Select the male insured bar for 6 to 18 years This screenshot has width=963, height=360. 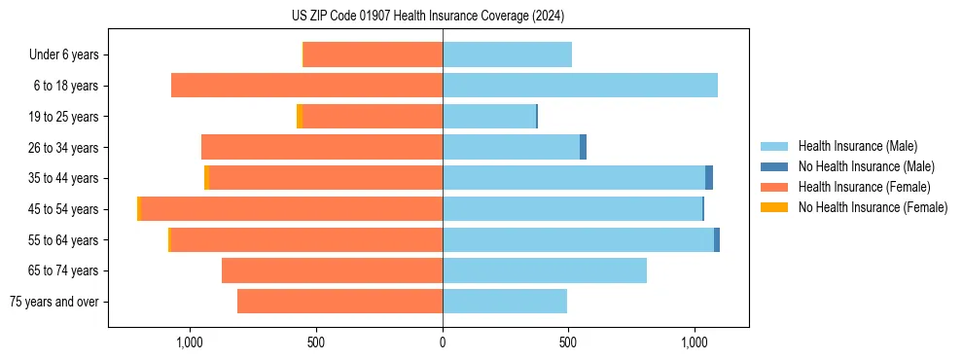(x=580, y=86)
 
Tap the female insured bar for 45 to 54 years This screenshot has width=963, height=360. (x=292, y=209)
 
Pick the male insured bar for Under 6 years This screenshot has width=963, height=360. (x=507, y=54)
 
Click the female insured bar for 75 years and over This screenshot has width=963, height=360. (x=339, y=302)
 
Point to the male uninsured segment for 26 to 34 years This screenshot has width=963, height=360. (x=583, y=147)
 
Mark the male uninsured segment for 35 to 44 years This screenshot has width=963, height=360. (x=709, y=178)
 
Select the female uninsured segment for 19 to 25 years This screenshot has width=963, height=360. (x=300, y=117)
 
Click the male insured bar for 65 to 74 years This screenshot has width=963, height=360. (x=545, y=270)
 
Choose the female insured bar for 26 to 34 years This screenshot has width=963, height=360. (x=322, y=147)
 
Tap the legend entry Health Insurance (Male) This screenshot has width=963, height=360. (x=857, y=147)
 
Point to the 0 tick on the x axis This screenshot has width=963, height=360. (x=443, y=342)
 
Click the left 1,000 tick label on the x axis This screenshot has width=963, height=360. (x=189, y=342)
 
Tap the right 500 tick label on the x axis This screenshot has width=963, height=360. (x=569, y=342)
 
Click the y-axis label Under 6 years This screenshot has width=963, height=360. (x=63, y=55)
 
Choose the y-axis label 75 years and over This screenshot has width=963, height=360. (x=53, y=302)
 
